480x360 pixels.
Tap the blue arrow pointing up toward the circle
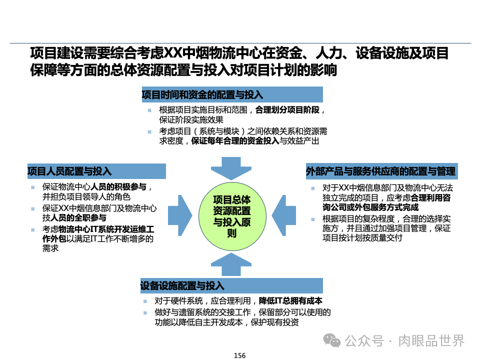click(231, 263)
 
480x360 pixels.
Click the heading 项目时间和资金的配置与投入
click(202, 94)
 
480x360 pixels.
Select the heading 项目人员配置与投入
click(69, 171)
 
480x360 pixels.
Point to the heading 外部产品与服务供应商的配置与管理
click(380, 171)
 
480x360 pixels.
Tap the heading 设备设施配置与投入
click(182, 286)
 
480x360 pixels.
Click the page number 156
click(239, 355)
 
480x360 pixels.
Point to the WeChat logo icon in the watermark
click(332, 340)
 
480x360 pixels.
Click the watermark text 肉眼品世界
click(431, 340)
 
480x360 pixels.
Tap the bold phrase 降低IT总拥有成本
click(290, 301)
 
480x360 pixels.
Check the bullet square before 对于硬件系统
click(144, 301)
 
